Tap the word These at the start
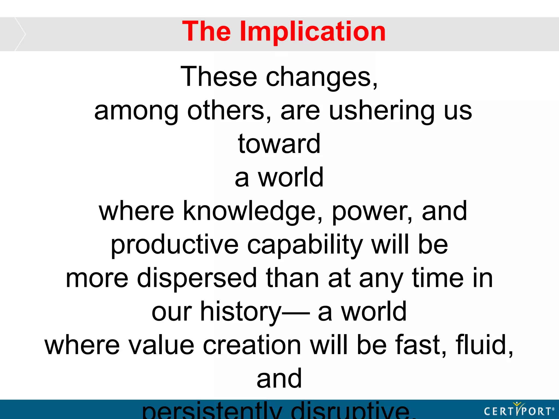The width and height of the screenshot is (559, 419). [x=219, y=77]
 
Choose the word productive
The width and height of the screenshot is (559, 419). [x=174, y=245]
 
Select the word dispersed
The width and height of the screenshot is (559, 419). [x=197, y=278]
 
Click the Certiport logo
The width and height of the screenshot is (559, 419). [x=519, y=410]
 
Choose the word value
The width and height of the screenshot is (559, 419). [x=161, y=345]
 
